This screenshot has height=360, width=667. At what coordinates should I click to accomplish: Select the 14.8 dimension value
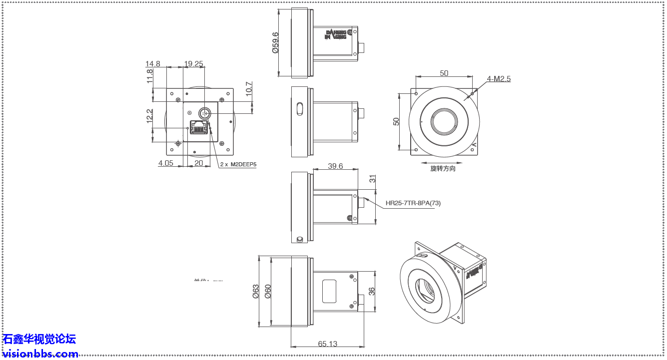point(152,63)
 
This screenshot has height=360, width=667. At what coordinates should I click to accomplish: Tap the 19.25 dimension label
point(193,63)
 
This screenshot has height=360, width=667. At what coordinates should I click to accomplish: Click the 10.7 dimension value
point(249,90)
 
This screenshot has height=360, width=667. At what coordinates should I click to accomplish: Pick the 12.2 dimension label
point(150,116)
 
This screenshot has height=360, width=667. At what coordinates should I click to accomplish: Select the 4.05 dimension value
point(166,163)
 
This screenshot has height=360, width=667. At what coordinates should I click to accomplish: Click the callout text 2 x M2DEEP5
point(238,164)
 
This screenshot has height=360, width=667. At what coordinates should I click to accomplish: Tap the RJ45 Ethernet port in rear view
point(199,127)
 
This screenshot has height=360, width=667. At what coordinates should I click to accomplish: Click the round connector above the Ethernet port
point(204,113)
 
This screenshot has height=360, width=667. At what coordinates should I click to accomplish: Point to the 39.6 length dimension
point(335,166)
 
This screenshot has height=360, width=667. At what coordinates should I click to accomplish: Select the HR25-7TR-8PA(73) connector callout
point(413,203)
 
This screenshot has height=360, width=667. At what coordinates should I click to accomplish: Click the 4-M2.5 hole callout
point(499,79)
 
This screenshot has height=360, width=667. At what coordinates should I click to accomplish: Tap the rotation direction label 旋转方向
point(443,169)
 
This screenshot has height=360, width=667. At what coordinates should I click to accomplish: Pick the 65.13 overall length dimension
point(327,344)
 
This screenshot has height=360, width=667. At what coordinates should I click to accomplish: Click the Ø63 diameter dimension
point(256,291)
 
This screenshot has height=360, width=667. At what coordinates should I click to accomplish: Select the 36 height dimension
point(372,291)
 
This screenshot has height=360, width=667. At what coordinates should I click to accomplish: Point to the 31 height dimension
point(372,179)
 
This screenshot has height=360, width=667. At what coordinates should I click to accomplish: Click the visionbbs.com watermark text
point(40,354)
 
